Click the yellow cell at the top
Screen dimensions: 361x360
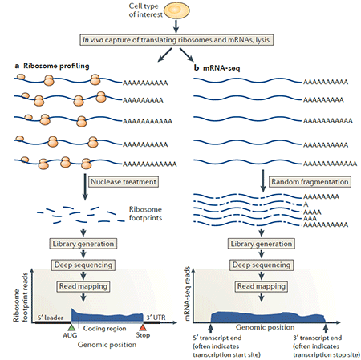point(176,10)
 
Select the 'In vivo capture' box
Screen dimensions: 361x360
point(176,40)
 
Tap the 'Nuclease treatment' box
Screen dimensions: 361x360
point(124,182)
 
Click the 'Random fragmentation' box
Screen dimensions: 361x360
point(310,182)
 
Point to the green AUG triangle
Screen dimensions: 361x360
point(71,327)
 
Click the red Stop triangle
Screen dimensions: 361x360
point(143,327)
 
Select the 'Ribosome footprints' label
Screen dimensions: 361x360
point(145,213)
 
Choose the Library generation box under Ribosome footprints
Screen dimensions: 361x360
point(83,244)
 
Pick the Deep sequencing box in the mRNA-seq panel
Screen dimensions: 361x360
point(262,265)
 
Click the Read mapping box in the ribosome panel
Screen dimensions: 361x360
point(83,286)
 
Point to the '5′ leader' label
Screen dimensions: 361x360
point(51,318)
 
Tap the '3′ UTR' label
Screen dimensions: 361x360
point(156,318)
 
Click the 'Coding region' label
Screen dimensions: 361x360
point(105,328)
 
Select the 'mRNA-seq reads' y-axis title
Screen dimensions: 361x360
point(187,293)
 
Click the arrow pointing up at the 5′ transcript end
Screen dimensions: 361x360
point(211,328)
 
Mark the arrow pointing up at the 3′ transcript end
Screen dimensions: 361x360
point(326,328)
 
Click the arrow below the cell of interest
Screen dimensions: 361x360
point(176,26)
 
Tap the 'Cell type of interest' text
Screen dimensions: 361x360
point(145,10)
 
